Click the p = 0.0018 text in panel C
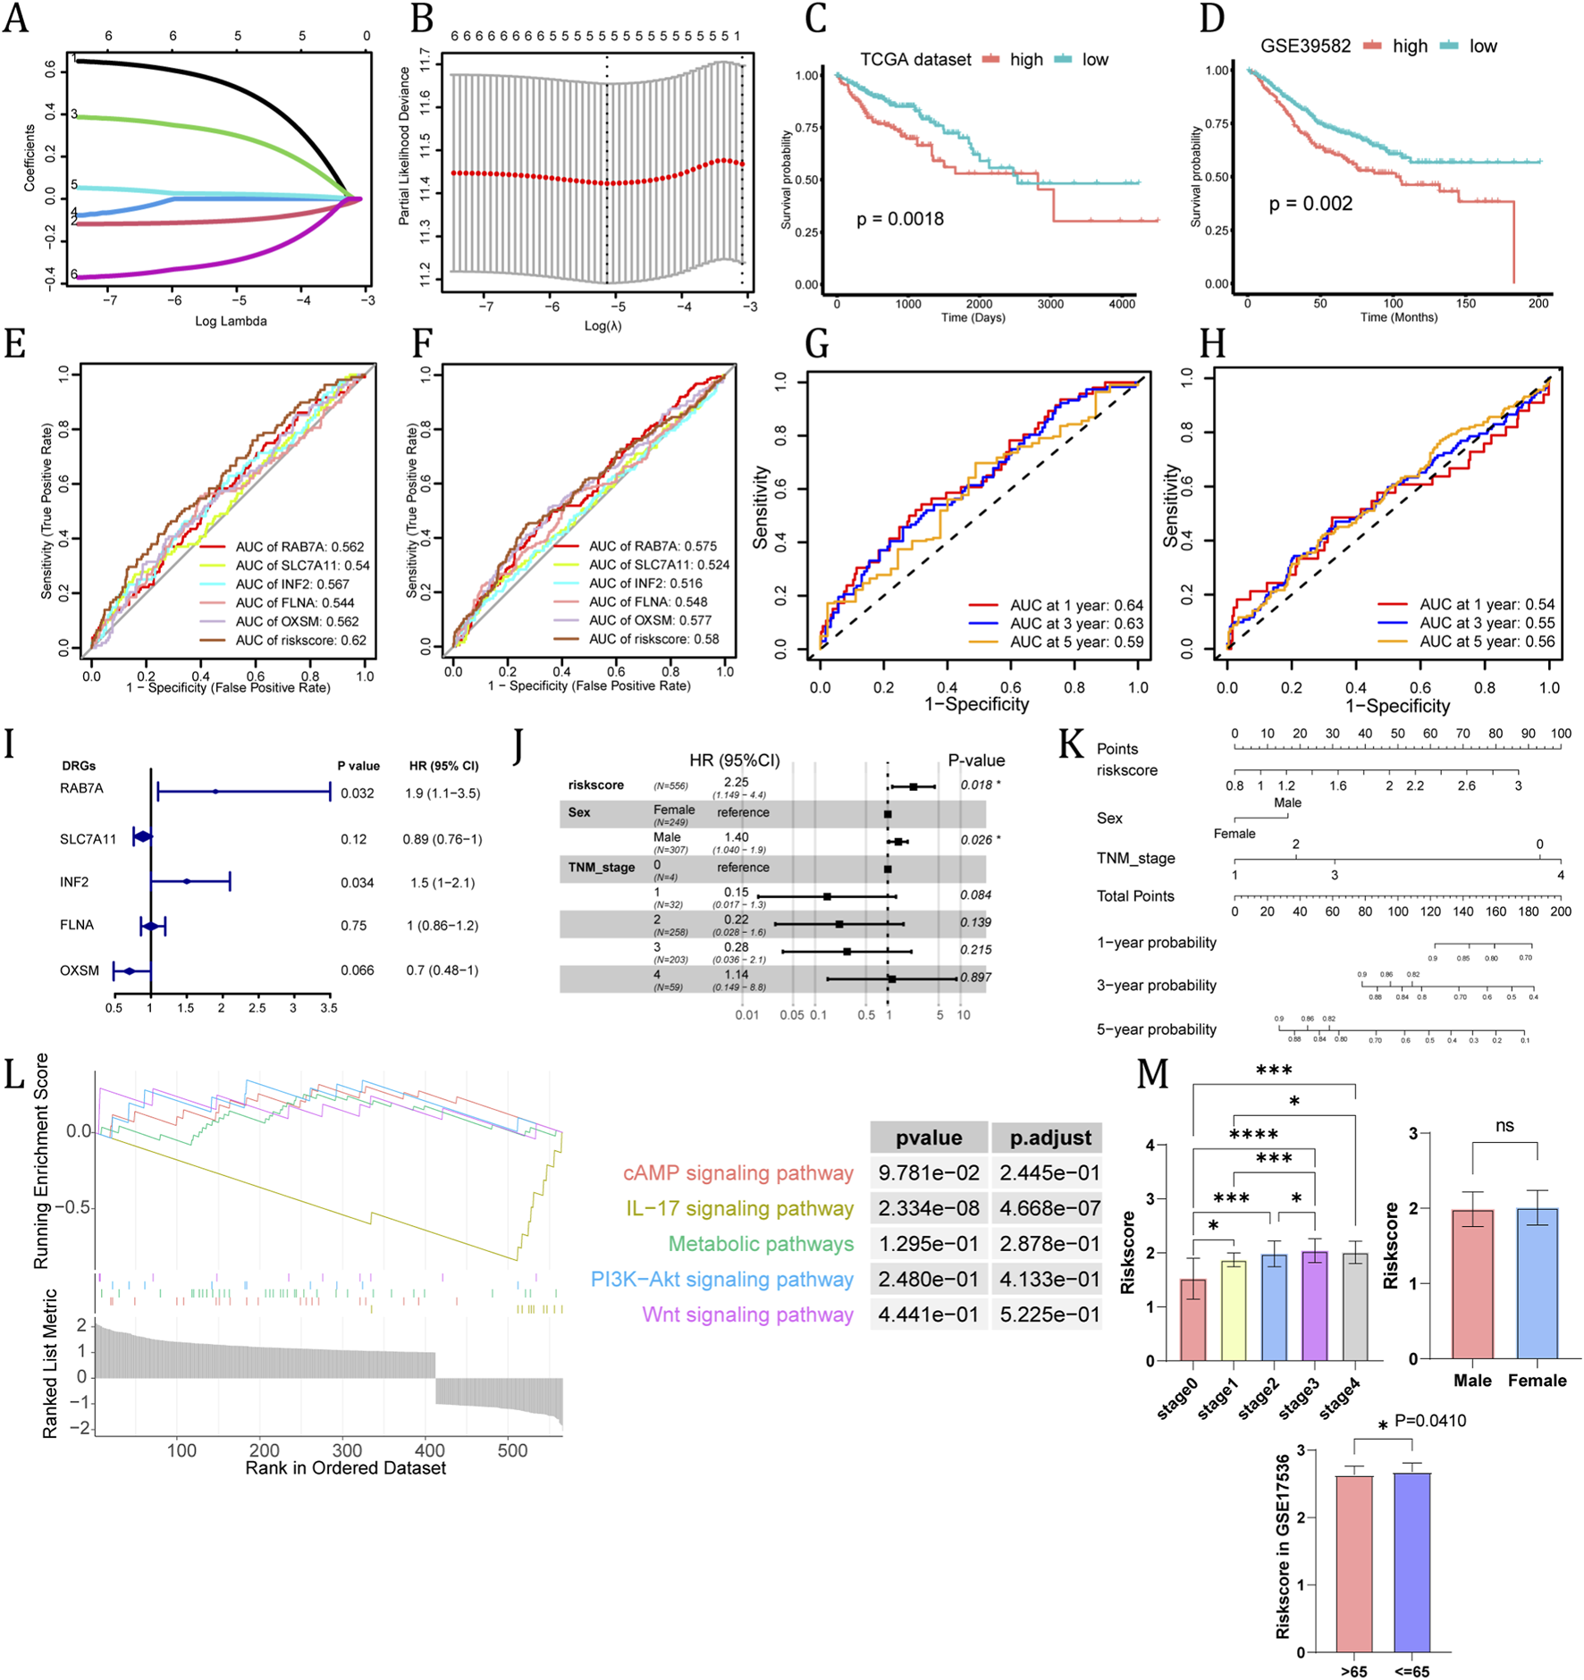pyautogui.click(x=899, y=219)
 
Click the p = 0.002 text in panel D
pyautogui.click(x=1310, y=204)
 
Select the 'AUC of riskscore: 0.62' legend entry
pyautogui.click(x=300, y=640)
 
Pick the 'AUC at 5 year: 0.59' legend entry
pyautogui.click(x=1076, y=642)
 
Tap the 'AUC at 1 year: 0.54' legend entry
pyautogui.click(x=1487, y=604)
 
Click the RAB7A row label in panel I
pyautogui.click(x=81, y=788)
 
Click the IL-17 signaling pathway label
pyautogui.click(x=739, y=1208)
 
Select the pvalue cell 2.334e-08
pyautogui.click(x=928, y=1208)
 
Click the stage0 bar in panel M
pyautogui.click(x=1192, y=1319)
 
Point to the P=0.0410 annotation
pyautogui.click(x=1429, y=1421)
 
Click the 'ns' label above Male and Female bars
pyautogui.click(x=1504, y=1125)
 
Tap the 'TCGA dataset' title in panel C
pyautogui.click(x=914, y=60)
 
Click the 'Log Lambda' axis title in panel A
pyautogui.click(x=231, y=321)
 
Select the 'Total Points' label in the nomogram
pyautogui.click(x=1135, y=896)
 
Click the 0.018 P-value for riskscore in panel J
pyautogui.click(x=976, y=785)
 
